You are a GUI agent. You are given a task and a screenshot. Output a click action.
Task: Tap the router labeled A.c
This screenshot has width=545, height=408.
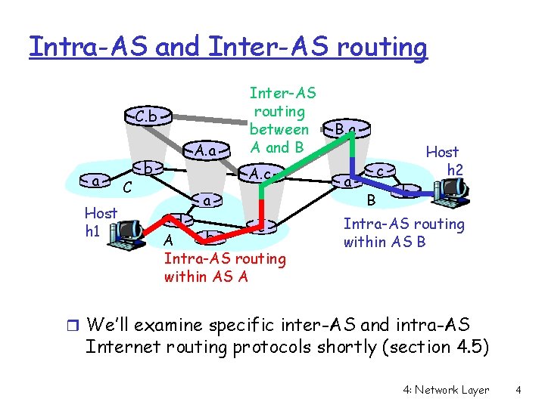tap(261, 175)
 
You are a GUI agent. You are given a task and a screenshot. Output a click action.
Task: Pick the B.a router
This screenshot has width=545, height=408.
tap(345, 131)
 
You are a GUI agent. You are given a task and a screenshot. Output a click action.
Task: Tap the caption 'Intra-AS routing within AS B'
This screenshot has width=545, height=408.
tap(403, 233)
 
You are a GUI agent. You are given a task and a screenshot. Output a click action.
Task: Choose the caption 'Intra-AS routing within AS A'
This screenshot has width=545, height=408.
tap(225, 267)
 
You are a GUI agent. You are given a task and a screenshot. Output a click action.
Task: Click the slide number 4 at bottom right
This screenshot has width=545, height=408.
tap(519, 390)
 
